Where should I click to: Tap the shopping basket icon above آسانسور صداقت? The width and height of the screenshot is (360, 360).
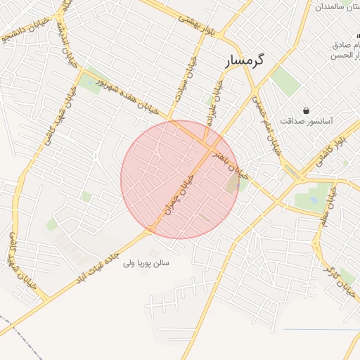click(307, 110)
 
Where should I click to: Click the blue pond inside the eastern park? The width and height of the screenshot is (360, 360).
click(313, 200)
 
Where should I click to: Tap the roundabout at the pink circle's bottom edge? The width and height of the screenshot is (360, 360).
click(150, 229)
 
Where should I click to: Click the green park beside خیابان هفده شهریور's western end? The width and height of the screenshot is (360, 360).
click(89, 84)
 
